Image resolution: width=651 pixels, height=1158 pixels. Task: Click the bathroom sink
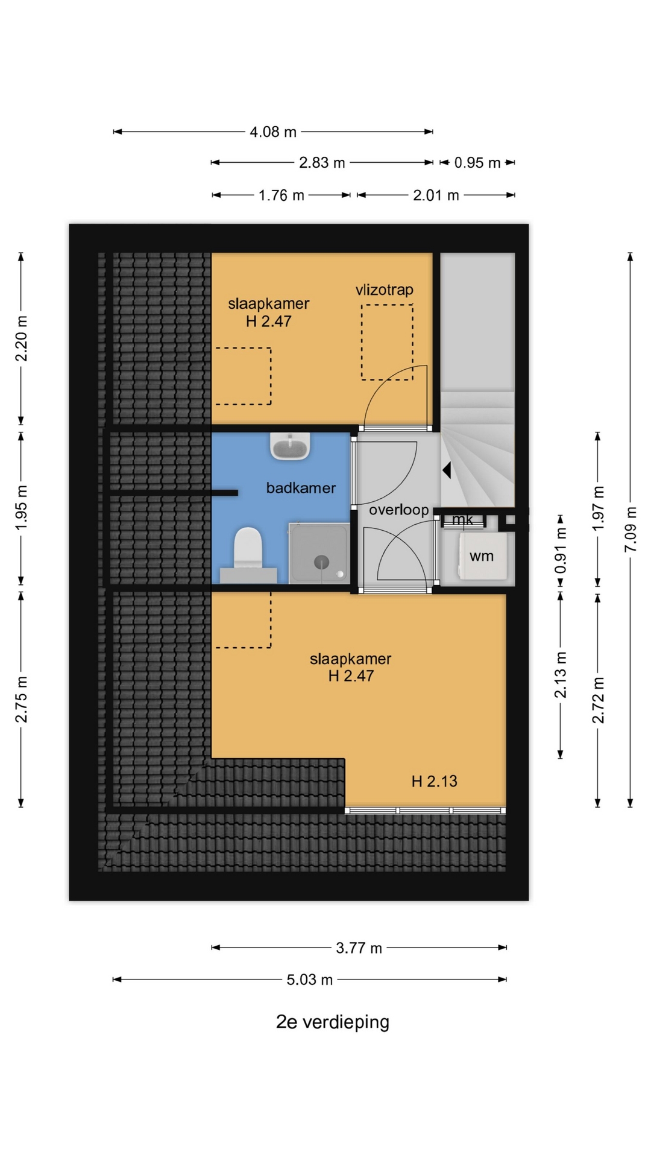tap(290, 446)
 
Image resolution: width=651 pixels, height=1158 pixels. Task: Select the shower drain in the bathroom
tap(322, 562)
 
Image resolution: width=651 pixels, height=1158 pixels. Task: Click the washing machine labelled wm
tap(482, 555)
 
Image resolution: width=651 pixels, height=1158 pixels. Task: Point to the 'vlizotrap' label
tap(385, 289)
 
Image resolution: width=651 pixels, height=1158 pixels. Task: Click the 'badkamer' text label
tap(301, 488)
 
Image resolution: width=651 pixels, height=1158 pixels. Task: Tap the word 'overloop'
tap(398, 510)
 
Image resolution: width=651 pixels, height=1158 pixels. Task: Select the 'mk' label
tap(462, 519)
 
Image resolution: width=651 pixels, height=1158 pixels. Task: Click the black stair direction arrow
tap(447, 470)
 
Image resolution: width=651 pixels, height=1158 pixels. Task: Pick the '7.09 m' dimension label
tap(631, 529)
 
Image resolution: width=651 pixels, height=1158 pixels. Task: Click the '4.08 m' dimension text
tap(273, 131)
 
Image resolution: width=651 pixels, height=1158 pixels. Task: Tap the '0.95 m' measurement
tap(477, 163)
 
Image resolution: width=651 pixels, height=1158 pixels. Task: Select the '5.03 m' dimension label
tap(309, 979)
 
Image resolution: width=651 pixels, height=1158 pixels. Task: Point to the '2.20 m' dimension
tap(21, 338)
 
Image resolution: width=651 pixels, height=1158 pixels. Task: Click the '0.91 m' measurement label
tap(561, 551)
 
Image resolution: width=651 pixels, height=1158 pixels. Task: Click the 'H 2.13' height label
tap(434, 782)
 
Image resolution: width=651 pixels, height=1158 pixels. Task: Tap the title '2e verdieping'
tap(333, 1022)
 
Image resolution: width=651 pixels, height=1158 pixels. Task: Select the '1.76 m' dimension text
tap(281, 195)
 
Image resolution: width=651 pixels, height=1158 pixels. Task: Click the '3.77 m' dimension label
tap(359, 948)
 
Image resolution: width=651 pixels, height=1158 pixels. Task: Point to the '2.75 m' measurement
tap(21, 700)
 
